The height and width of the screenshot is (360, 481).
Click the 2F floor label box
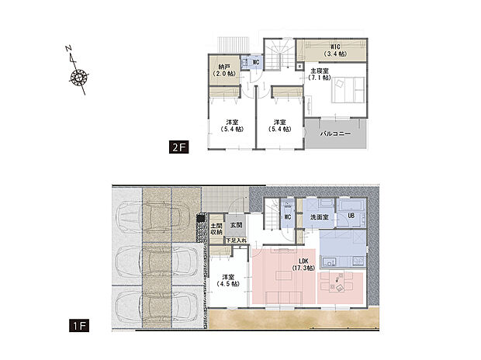click(179, 147)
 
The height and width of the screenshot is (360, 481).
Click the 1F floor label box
click(81, 326)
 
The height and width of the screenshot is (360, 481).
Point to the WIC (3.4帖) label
click(335, 50)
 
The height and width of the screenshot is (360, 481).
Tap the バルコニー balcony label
click(336, 134)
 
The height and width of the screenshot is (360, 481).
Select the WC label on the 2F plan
click(256, 61)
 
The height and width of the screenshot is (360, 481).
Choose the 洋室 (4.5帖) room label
click(228, 281)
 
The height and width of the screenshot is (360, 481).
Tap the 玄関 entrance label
click(236, 225)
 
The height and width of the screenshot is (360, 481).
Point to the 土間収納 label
click(216, 229)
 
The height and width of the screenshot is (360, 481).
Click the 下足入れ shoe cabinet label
click(236, 241)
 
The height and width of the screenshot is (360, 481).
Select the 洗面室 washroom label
click(318, 217)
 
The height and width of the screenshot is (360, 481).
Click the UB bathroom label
click(351, 216)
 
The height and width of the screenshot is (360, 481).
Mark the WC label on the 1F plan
click(286, 217)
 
